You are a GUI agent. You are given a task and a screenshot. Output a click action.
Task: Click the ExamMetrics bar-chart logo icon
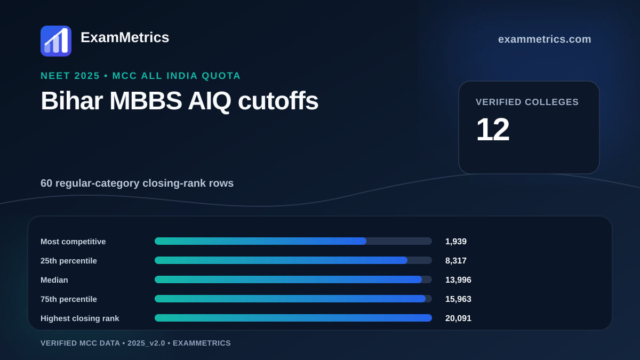click(56, 41)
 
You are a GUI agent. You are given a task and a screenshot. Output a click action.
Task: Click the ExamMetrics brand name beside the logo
click(125, 37)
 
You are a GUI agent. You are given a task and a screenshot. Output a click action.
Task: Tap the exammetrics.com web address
click(545, 39)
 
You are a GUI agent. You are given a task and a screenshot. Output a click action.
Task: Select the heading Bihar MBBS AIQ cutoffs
click(179, 101)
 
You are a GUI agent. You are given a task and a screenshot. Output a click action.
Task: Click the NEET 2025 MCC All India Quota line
click(141, 76)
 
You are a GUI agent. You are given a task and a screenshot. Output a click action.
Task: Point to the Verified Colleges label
click(527, 102)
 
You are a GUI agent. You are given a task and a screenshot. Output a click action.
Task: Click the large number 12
click(493, 130)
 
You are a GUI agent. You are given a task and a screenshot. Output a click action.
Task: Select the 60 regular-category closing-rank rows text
click(137, 183)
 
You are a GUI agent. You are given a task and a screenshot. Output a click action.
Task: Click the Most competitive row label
click(73, 242)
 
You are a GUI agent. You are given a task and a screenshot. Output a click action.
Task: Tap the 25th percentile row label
click(69, 261)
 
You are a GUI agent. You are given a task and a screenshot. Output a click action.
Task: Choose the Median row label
click(54, 280)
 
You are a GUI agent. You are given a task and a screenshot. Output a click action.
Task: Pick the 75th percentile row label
click(69, 299)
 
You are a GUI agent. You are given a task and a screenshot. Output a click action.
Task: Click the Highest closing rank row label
click(79, 318)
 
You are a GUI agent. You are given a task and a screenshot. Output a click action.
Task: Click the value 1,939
click(455, 242)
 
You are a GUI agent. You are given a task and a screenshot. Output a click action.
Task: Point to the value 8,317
click(455, 261)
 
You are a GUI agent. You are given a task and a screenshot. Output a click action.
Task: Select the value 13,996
click(458, 280)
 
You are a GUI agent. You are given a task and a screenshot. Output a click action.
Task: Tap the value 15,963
click(458, 299)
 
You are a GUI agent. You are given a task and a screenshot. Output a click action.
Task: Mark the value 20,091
click(458, 318)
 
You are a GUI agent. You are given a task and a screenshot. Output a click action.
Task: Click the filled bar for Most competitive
click(260, 241)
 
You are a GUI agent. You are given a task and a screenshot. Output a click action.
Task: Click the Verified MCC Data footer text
click(135, 343)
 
